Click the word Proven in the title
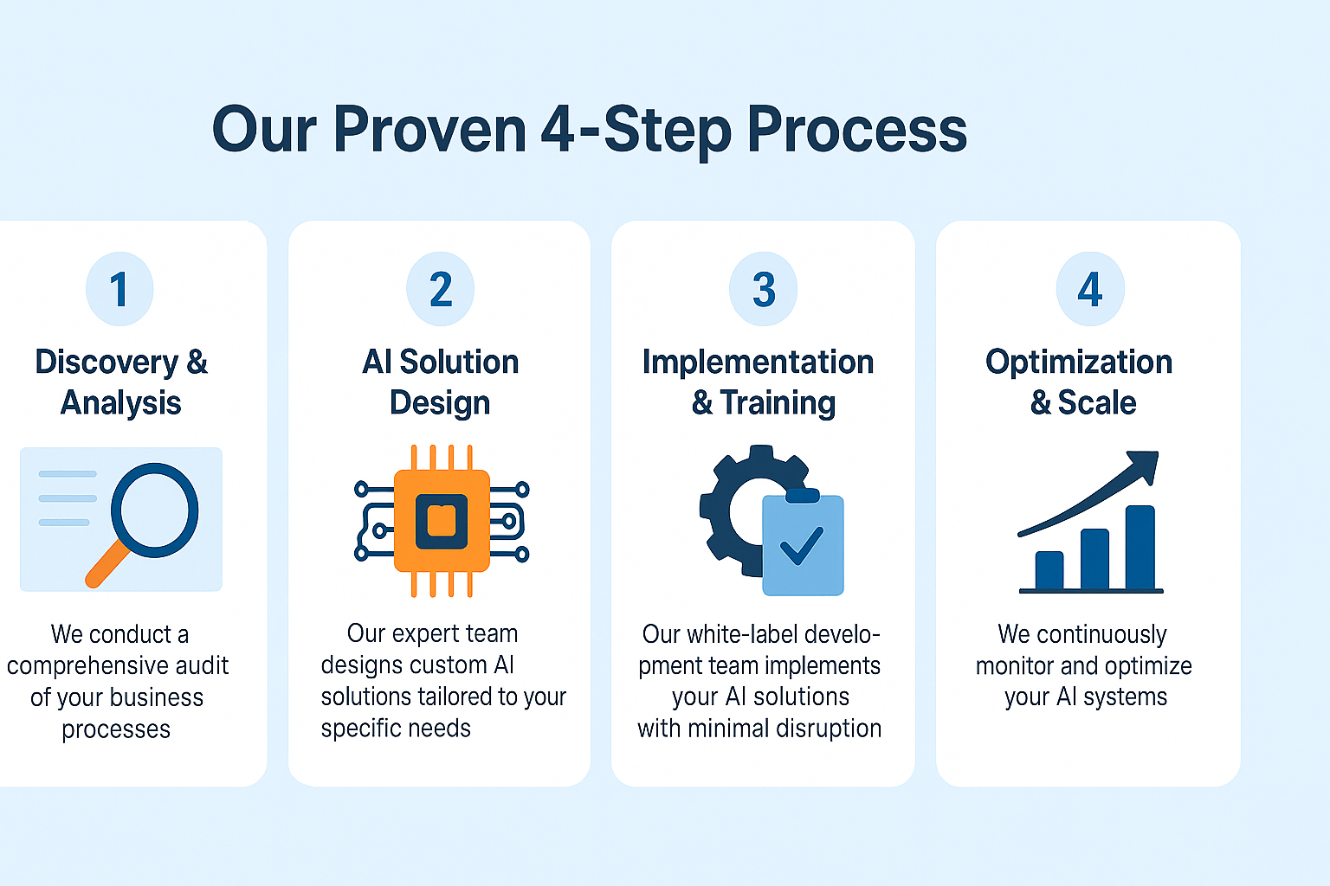(429, 130)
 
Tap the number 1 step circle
(119, 289)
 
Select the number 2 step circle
(441, 289)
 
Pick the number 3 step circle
(763, 289)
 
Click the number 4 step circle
(1090, 289)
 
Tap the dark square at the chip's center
(442, 521)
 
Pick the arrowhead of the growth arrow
(1143, 464)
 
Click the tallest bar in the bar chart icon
(1140, 547)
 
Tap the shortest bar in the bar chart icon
(1049, 569)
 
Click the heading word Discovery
(106, 363)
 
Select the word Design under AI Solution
(440, 403)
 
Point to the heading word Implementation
(758, 363)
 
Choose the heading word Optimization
(1079, 363)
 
